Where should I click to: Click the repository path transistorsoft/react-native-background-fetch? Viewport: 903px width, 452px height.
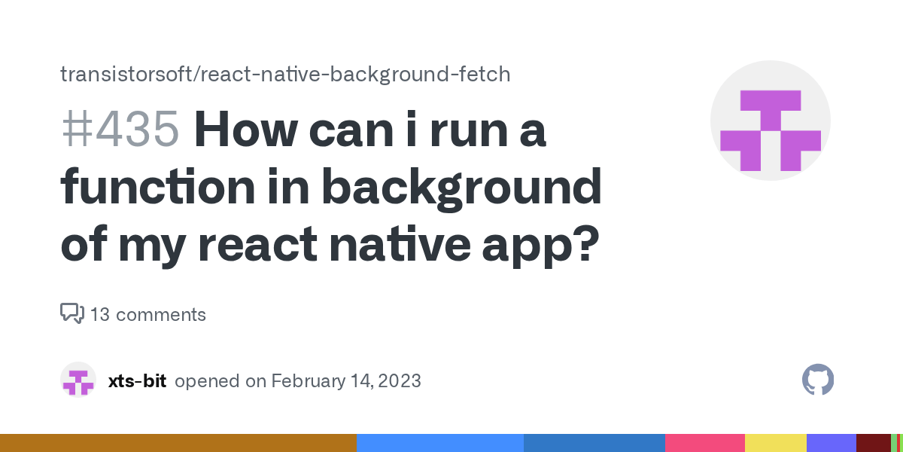[x=285, y=74]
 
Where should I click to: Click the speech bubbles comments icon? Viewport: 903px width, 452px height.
[x=71, y=313]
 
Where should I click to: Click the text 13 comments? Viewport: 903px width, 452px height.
[x=147, y=314]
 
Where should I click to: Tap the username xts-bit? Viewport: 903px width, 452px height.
[x=137, y=381]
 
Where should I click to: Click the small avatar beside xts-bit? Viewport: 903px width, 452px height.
[x=78, y=380]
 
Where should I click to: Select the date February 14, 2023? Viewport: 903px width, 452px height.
[x=345, y=381]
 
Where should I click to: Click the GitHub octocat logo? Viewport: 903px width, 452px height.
[x=818, y=380]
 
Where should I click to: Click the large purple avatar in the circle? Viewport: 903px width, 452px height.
[x=770, y=121]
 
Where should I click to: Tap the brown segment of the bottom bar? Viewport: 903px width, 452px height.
[x=178, y=443]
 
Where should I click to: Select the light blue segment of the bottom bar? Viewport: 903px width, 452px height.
[x=439, y=443]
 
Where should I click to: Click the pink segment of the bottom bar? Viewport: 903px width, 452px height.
[x=704, y=443]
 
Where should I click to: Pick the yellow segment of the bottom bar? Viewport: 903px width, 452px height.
[x=775, y=443]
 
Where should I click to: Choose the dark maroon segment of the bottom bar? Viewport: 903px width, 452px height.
[x=873, y=443]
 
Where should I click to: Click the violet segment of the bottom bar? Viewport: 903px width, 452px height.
[x=831, y=443]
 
